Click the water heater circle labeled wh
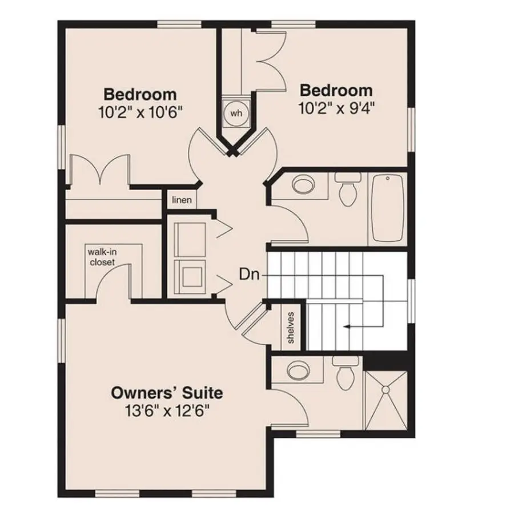(x=236, y=113)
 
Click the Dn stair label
(x=248, y=275)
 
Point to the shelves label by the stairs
(x=291, y=328)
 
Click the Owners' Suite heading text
(x=166, y=393)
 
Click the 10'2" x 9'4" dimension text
(x=336, y=108)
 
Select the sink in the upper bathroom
(x=302, y=186)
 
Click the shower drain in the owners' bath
(x=386, y=389)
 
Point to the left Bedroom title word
(x=140, y=94)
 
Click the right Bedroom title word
(x=336, y=90)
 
